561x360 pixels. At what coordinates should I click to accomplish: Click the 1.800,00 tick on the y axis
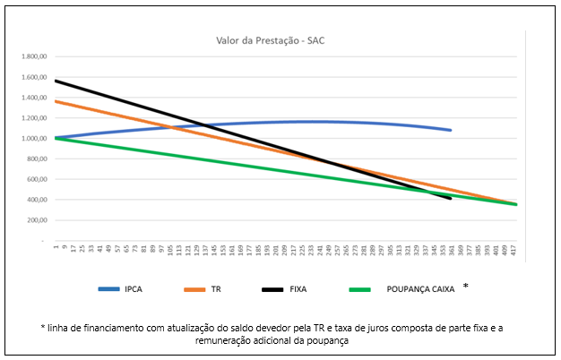[32, 56]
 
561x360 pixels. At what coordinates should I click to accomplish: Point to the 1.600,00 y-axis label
[32, 77]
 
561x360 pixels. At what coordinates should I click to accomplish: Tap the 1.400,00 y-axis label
[32, 98]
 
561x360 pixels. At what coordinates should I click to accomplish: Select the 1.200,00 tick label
[32, 118]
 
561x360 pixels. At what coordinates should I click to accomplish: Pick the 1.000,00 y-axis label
[32, 139]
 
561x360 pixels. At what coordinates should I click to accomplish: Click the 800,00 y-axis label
[36, 159]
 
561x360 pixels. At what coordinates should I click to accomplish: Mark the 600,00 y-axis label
[36, 179]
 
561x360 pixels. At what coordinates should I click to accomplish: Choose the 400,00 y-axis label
[36, 200]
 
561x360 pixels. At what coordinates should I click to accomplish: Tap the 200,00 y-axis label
[36, 220]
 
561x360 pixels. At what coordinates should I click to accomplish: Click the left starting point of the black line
[56, 81]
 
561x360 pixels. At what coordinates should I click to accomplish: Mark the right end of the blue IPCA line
[451, 130]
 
